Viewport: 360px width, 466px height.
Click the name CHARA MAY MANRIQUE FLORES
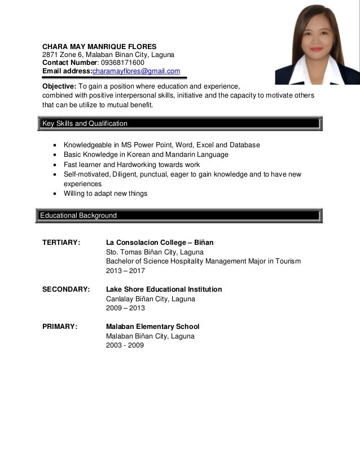(100, 46)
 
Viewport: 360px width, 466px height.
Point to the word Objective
(59, 86)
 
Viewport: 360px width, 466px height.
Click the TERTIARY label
(62, 243)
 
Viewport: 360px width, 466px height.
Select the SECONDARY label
(66, 289)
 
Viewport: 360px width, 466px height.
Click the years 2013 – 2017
(125, 271)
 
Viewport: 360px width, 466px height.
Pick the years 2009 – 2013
(125, 308)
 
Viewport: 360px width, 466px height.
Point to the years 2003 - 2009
(125, 345)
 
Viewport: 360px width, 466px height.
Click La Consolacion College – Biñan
(160, 243)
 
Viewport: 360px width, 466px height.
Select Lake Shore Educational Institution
(164, 289)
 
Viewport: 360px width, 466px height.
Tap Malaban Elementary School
(152, 327)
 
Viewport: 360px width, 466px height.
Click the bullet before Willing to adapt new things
(54, 194)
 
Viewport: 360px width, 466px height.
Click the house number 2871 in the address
(51, 54)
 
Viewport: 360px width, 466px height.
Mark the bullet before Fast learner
(54, 165)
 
